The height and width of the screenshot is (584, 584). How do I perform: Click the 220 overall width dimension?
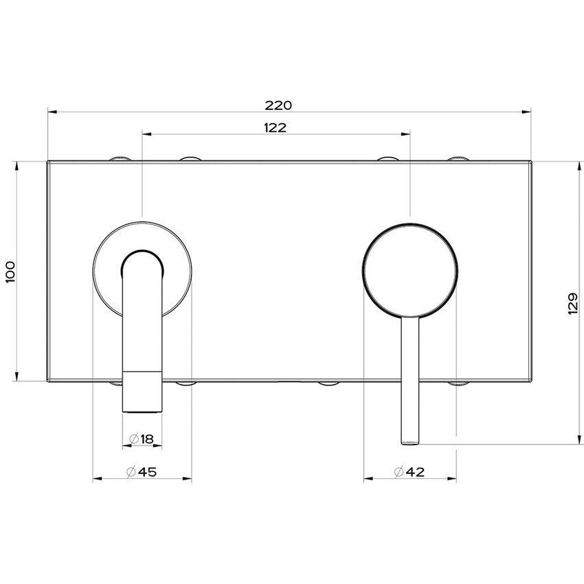point(279,105)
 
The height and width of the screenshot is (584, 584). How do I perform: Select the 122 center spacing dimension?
point(275,127)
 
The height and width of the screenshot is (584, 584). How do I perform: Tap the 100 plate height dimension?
point(9,271)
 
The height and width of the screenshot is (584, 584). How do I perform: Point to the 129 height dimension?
point(574,302)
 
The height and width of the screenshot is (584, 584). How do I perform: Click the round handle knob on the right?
point(409,271)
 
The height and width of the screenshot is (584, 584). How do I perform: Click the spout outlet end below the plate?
point(142,409)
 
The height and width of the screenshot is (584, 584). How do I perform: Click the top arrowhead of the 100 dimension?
point(15,166)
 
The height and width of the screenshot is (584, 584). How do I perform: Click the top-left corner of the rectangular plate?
point(48,162)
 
